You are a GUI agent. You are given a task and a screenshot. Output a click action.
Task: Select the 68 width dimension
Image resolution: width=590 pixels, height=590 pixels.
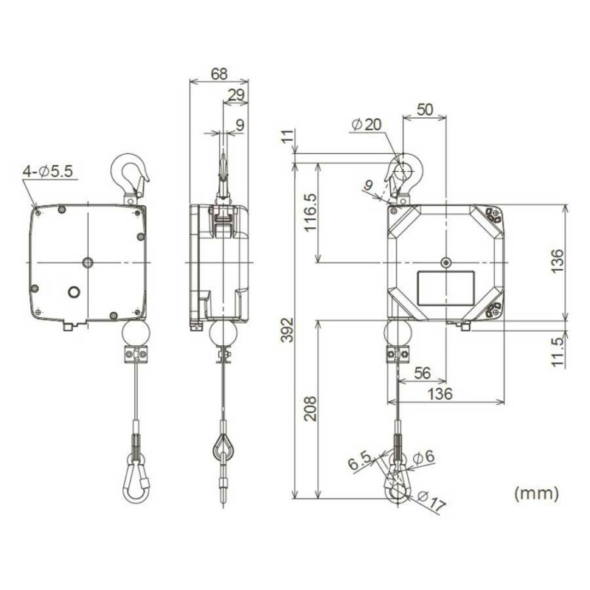click(218, 74)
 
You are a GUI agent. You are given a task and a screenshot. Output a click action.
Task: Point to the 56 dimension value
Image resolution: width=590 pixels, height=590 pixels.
click(422, 373)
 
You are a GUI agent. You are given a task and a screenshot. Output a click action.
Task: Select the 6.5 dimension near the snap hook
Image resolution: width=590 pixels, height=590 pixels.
click(358, 463)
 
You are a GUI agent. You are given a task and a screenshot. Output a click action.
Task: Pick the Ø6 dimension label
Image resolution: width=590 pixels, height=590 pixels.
click(425, 457)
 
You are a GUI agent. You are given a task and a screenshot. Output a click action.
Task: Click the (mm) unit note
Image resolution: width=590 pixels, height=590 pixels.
click(536, 492)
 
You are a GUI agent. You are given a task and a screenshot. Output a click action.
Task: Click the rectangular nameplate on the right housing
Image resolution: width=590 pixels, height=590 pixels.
click(445, 286)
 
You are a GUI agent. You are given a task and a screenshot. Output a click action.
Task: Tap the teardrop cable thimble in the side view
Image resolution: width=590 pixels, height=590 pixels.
click(223, 447)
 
